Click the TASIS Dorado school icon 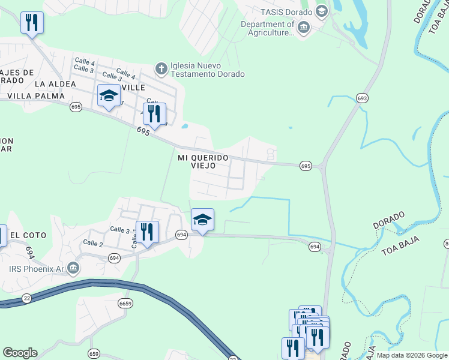(321, 11)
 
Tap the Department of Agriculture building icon (304, 28)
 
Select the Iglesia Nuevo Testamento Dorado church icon (161, 69)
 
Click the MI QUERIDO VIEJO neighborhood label (203, 161)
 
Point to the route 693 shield (361, 97)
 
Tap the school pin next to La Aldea (109, 96)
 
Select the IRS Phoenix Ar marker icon (73, 267)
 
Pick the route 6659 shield (125, 303)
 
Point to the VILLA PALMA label (28, 95)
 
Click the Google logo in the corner (20, 353)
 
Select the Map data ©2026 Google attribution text (412, 355)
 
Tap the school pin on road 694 (203, 220)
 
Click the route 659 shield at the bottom (94, 353)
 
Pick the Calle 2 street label (93, 243)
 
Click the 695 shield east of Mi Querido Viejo (306, 165)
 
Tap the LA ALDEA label (55, 84)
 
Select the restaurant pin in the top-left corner (32, 23)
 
